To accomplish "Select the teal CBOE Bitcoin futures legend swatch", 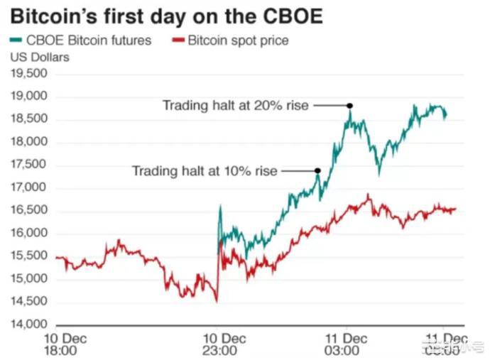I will click(x=18, y=40).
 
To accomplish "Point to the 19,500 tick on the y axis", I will click(x=29, y=74).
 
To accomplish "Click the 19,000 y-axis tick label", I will click(x=29, y=97).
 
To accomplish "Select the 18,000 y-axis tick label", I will click(x=29, y=143).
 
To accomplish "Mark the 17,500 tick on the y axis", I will click(x=29, y=165).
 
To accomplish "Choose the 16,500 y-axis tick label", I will click(x=29, y=211).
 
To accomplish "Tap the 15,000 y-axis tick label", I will click(x=29, y=280).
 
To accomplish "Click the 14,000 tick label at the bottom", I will click(x=29, y=325).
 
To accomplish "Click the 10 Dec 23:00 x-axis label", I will click(x=219, y=344).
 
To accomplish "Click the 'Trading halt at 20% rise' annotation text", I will click(x=236, y=106).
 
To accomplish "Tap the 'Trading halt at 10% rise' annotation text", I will click(x=205, y=171).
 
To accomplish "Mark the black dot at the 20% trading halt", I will click(x=349, y=106).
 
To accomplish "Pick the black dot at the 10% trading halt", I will click(x=317, y=170).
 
